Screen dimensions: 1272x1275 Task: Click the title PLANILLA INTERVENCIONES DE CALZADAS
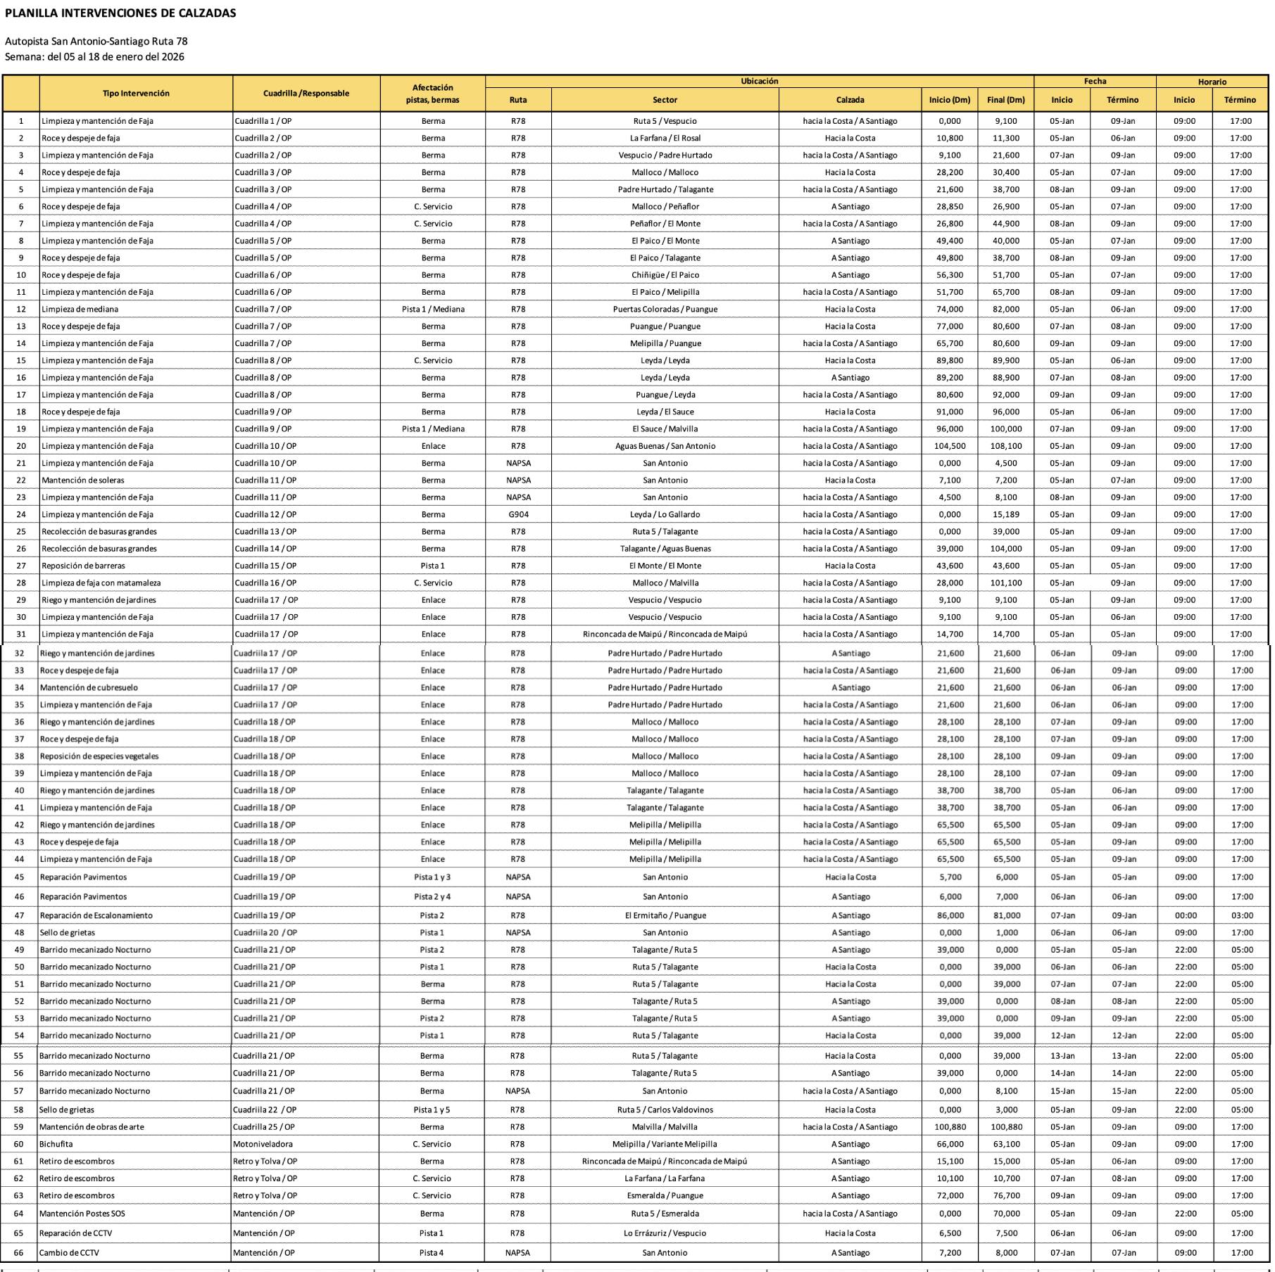pos(120,13)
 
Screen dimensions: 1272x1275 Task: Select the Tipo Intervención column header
pos(136,94)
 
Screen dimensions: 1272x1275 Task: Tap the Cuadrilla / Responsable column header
pos(306,94)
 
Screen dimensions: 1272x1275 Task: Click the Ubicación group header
pos(759,82)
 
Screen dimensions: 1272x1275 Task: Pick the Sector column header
pos(665,100)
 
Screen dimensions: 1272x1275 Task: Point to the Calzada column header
pos(850,100)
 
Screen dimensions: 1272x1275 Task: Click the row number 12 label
pos(21,309)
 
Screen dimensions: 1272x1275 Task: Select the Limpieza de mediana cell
pos(80,309)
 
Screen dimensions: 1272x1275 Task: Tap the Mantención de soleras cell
pos(83,480)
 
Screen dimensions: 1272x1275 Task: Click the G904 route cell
pos(518,514)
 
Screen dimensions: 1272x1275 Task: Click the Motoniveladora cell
pos(263,1144)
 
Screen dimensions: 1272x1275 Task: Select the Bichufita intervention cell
pos(56,1144)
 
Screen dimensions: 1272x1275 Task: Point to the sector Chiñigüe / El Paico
pos(665,275)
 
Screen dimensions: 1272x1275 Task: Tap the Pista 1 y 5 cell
pos(432,1109)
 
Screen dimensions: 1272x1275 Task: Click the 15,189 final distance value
pos(1006,514)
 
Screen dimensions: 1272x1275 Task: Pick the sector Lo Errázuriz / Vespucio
pos(665,1233)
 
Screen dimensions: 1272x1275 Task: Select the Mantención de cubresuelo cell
pos(89,687)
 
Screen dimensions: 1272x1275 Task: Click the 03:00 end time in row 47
pos(1242,915)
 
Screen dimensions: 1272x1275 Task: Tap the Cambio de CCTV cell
pos(69,1252)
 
